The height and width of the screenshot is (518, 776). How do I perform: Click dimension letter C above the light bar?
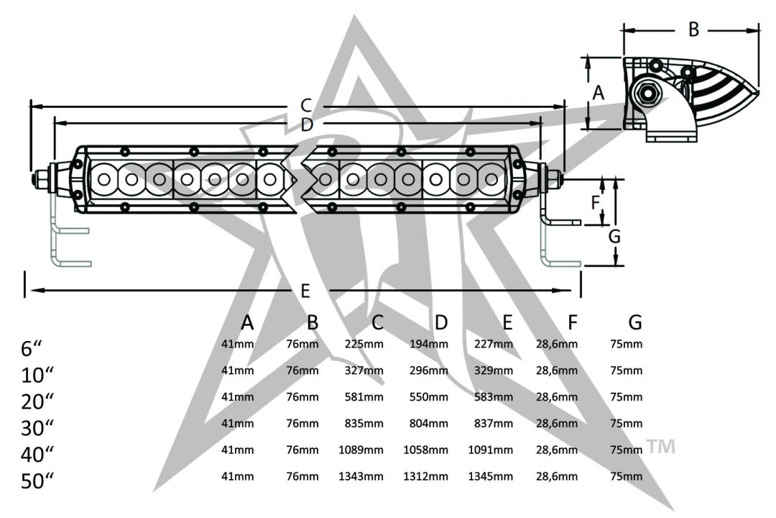[305, 105]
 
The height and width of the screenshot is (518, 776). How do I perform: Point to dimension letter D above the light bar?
[307, 124]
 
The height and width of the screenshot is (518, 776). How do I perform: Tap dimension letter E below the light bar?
[305, 291]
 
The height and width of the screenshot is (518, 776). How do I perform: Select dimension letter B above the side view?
[693, 29]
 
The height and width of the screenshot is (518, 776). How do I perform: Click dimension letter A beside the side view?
[598, 92]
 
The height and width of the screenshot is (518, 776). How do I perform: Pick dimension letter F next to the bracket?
[595, 202]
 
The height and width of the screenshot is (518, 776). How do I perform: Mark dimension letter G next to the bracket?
[614, 236]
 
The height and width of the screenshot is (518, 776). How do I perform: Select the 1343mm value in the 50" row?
[361, 477]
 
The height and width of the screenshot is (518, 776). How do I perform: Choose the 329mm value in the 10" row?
[494, 371]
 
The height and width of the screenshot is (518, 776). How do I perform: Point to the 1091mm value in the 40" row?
[491, 450]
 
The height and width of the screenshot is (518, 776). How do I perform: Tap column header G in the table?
[634, 322]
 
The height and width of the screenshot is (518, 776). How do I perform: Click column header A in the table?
[247, 322]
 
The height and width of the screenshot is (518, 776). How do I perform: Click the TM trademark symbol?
[661, 446]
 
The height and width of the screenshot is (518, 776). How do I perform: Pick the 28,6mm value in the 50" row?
[557, 477]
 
